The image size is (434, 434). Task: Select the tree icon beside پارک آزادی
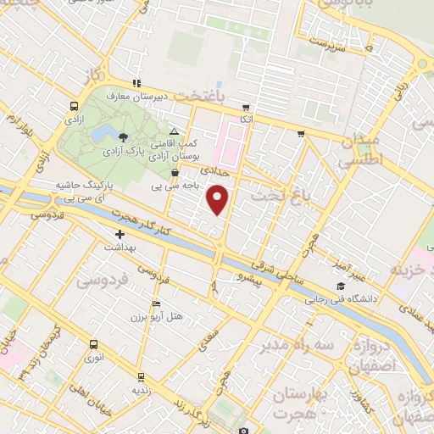pyautogui.click(x=123, y=136)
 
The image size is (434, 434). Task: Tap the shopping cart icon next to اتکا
pyautogui.click(x=246, y=108)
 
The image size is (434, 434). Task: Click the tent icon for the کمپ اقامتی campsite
pyautogui.click(x=174, y=131)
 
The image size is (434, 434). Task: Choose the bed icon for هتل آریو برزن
pyautogui.click(x=154, y=304)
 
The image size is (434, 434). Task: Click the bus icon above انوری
pyautogui.click(x=92, y=344)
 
